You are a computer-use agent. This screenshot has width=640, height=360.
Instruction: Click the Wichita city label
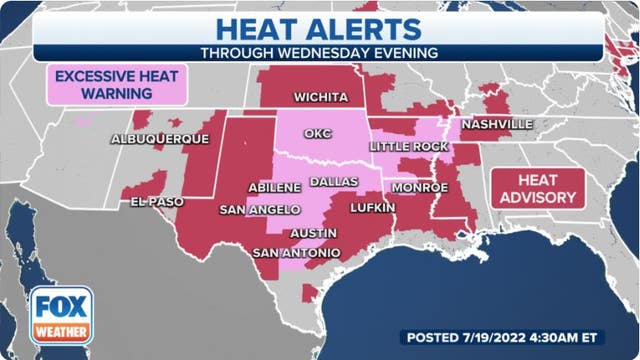320,98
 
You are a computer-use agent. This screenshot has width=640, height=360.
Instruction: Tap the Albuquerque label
160,138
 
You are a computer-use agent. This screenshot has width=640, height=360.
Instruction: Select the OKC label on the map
316,133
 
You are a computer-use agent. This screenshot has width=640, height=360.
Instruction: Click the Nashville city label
496,126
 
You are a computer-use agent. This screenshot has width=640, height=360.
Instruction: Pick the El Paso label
157,201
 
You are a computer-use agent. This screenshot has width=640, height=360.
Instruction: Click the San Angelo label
260,209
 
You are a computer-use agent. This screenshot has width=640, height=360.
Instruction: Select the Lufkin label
372,208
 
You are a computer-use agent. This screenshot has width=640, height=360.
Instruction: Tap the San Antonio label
296,252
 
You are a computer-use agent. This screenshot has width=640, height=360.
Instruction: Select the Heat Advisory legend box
537,187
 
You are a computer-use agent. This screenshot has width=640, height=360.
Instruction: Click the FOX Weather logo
61,316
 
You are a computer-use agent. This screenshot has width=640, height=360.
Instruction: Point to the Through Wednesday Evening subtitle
319,52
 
